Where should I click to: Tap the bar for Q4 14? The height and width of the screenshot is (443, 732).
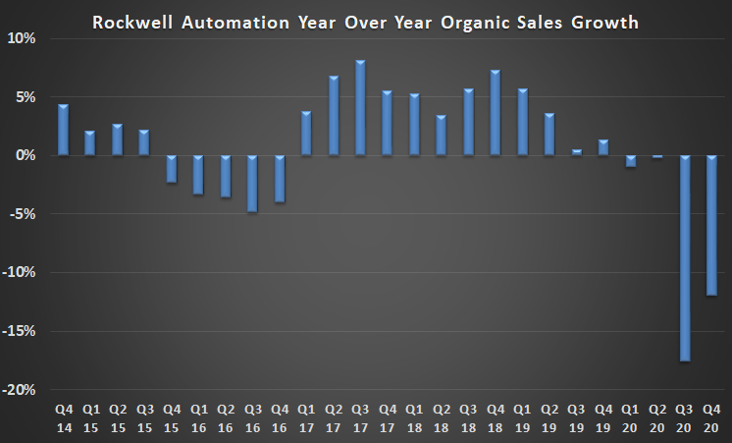pos(63,130)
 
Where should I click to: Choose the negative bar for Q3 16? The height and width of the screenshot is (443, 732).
pos(253,184)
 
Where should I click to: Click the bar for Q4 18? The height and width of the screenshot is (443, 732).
pos(495,113)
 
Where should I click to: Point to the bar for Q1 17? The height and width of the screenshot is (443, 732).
pos(306,134)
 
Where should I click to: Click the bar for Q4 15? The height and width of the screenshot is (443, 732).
pos(171,169)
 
